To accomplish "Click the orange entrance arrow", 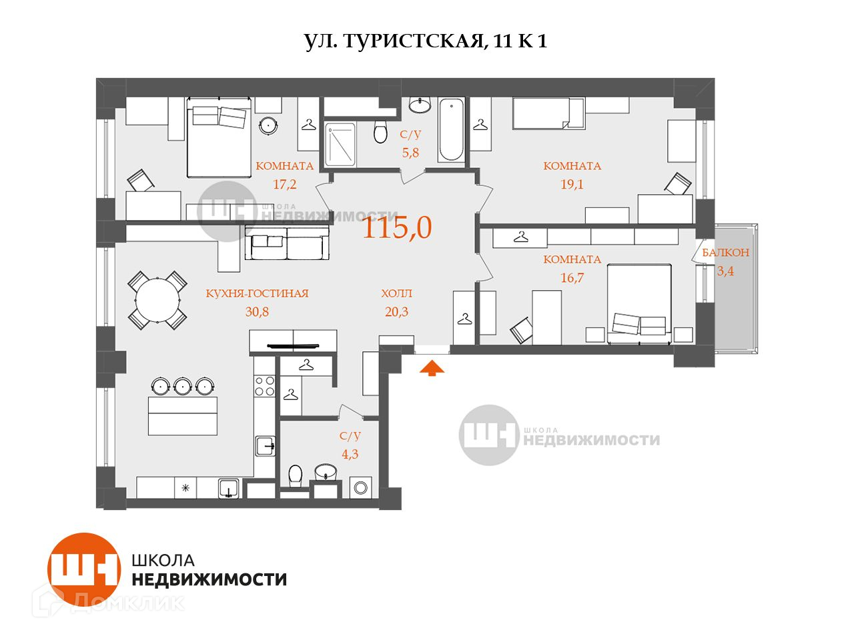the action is [432, 367].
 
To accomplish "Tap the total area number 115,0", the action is [397, 227].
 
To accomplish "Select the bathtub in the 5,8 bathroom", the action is [451, 129].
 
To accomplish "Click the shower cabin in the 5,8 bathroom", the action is [340, 145].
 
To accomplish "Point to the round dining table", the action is [157, 301].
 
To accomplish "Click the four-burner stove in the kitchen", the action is [265, 386].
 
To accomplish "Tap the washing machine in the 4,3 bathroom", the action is [360, 487].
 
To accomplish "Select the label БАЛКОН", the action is [726, 253].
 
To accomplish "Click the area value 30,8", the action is [257, 311].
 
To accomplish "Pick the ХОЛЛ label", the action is [396, 293].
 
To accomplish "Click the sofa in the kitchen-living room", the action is [287, 243].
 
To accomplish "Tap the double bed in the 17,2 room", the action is [219, 137].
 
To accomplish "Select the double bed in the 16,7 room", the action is [639, 304].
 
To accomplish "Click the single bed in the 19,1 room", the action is [548, 113].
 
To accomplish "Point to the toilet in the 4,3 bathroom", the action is [296, 475].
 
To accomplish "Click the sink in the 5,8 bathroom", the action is [420, 105].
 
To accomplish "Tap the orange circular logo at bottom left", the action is [84, 569].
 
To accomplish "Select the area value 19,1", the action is [572, 184].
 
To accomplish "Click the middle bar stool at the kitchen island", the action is [183, 385].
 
